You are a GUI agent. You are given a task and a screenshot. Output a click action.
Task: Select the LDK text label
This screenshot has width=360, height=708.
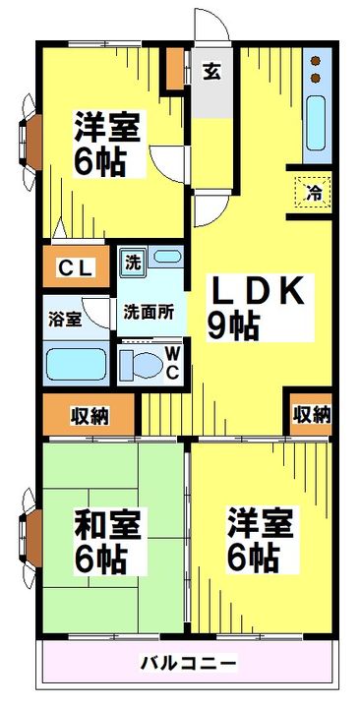coord(260,292)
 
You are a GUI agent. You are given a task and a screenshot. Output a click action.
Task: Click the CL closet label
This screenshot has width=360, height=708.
coord(75,266)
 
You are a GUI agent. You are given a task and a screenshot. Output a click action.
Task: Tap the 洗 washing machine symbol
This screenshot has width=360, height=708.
coord(131,263)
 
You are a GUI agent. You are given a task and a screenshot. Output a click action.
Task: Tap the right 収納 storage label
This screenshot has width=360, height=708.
coord(311,414)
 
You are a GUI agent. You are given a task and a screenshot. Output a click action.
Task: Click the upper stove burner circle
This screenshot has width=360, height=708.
coord(315,59)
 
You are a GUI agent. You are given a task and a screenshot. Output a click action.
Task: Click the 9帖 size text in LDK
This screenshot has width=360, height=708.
coord(232,325)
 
